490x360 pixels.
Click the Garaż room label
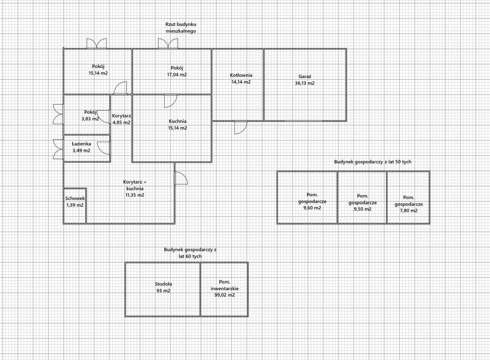click(305, 77)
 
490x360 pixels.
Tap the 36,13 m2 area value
click(305, 83)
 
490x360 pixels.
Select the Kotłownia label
click(241, 75)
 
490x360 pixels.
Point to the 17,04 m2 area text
click(177, 75)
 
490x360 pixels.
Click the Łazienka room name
click(82, 143)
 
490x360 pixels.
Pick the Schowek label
click(75, 199)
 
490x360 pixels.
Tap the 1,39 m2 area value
click(75, 205)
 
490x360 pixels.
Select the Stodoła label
click(163, 284)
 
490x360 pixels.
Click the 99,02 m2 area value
click(225, 295)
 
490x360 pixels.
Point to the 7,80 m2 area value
click(408, 211)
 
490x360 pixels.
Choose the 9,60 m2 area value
click(312, 208)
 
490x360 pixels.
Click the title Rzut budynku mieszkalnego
click(181, 28)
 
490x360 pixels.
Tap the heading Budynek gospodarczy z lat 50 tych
click(373, 162)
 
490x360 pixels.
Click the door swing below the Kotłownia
click(241, 127)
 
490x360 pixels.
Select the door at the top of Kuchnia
click(171, 101)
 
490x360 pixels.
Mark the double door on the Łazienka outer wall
click(59, 149)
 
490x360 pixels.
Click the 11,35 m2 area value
click(135, 195)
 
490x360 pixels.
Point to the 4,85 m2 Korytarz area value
click(121, 123)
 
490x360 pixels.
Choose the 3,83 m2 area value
click(90, 119)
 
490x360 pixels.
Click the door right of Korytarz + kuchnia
click(181, 178)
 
